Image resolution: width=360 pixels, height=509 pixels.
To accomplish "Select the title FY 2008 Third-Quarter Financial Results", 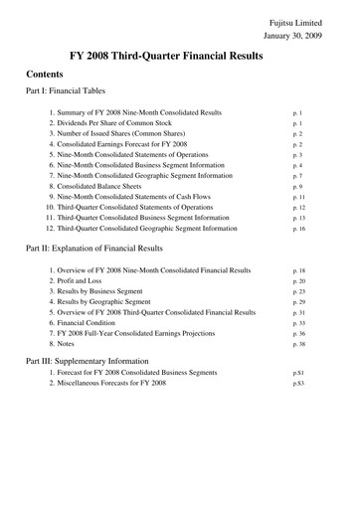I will pyautogui.click(x=179, y=58).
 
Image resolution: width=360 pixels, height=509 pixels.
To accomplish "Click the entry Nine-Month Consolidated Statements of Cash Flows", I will pyautogui.click(x=137, y=197).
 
